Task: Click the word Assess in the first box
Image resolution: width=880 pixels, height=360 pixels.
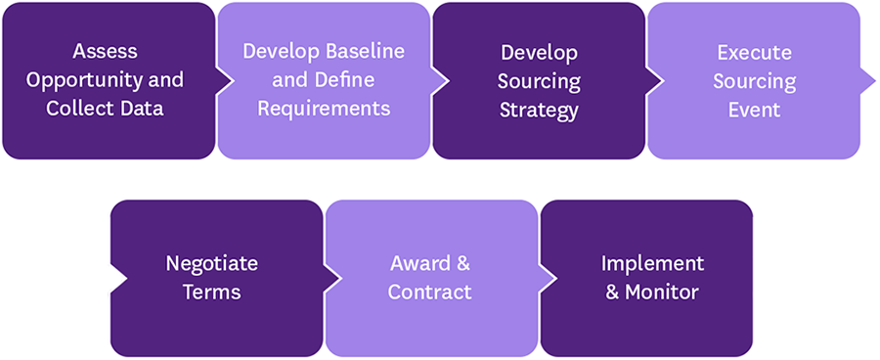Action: tap(105, 51)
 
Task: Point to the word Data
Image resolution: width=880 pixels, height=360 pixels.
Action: tap(144, 109)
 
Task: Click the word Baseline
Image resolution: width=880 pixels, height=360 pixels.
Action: tap(363, 51)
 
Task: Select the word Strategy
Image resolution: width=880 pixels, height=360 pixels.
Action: tap(539, 110)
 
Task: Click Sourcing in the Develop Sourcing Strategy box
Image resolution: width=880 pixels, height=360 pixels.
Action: tap(539, 80)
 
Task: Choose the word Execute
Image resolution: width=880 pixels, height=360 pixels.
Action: tap(754, 51)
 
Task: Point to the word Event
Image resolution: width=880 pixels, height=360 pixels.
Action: tap(754, 110)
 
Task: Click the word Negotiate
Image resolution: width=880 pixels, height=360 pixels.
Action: tap(212, 264)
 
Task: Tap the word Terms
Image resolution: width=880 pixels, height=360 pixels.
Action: tap(212, 292)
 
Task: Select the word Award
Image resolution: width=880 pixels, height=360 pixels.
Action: tap(417, 264)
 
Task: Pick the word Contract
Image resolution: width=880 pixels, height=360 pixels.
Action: tap(430, 292)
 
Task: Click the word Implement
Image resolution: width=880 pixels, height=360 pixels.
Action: tap(652, 264)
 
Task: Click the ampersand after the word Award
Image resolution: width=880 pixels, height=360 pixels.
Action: tap(462, 264)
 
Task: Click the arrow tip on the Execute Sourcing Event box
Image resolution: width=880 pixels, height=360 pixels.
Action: tap(873, 81)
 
